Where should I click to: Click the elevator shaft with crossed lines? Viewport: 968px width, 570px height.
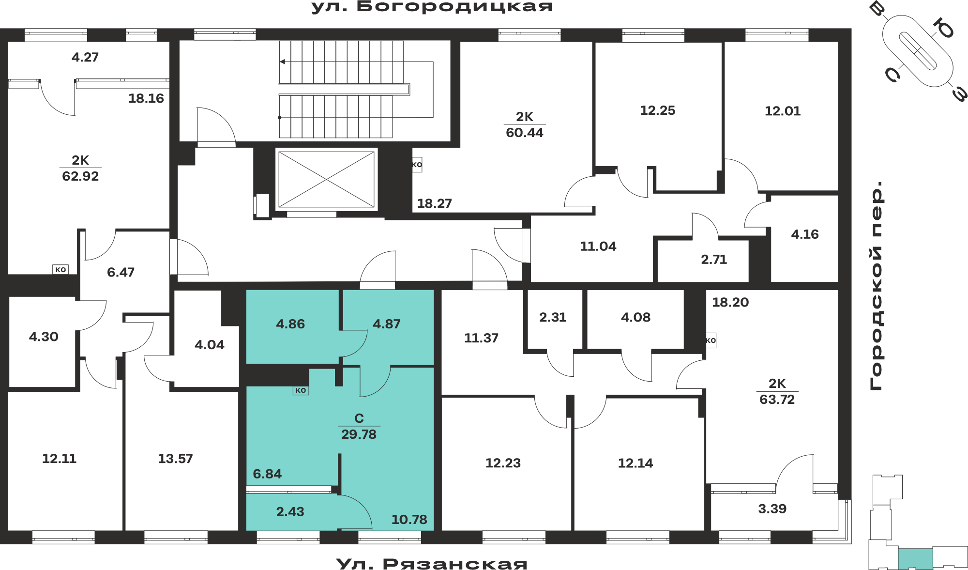coord(326,180)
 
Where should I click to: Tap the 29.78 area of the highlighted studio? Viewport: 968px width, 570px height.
coord(359,434)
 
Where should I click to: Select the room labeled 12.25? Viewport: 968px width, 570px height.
coord(657,116)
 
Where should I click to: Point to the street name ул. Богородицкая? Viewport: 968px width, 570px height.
coord(432,7)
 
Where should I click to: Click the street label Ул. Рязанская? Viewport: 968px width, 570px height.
coord(432,564)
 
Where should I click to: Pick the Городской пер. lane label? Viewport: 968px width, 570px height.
coord(877,286)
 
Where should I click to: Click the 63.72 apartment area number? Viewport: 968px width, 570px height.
coord(777,400)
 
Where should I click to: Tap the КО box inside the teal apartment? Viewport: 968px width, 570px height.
coord(301,390)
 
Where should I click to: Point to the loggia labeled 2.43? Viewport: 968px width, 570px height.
coord(290,512)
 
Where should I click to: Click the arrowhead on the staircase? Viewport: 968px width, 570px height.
coord(282,62)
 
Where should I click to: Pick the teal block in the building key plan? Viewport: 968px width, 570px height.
coord(915,559)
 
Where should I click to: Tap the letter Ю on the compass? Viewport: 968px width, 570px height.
coord(943,29)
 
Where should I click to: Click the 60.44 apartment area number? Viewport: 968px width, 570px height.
coord(524,133)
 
